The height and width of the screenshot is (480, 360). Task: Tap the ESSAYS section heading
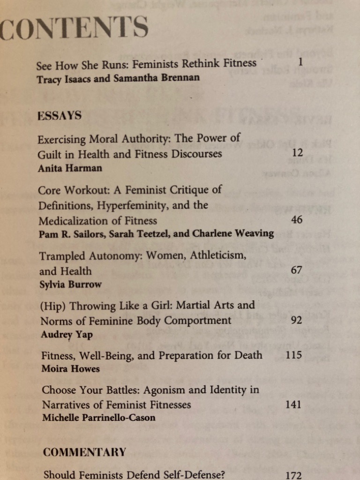[x=60, y=115]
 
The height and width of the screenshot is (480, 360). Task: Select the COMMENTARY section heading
[x=84, y=452]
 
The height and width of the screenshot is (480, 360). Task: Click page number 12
[x=297, y=153]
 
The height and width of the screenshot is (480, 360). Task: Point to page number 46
[x=297, y=219]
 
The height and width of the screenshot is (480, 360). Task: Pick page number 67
[x=297, y=270]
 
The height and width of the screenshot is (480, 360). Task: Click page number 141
[x=293, y=404]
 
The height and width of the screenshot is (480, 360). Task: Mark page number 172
[x=293, y=475]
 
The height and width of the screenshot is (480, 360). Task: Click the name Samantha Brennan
[x=162, y=78]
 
